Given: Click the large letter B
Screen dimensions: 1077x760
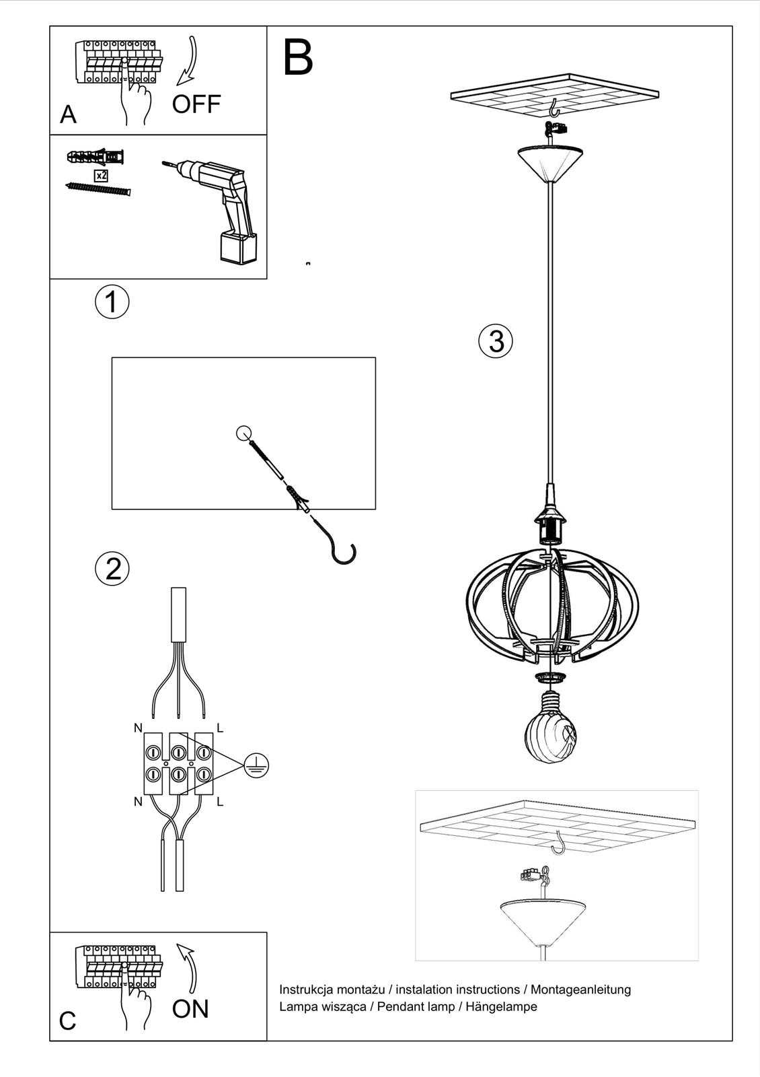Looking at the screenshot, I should [298, 58].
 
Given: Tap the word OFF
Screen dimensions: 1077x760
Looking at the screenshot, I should [196, 104].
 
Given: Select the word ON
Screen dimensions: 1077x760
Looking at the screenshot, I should [190, 1008].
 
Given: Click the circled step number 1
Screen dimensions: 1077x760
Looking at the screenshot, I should [112, 302].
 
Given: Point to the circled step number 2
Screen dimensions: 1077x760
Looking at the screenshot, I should [112, 569].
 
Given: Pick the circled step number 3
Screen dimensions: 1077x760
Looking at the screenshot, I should [496, 341].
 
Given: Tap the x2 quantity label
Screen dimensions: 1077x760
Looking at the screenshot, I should [101, 176].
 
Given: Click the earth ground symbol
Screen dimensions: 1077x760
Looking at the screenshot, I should [256, 765].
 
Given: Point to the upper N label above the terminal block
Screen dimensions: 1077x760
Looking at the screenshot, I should [138, 728].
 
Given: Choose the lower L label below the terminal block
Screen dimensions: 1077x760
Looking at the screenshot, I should [220, 802].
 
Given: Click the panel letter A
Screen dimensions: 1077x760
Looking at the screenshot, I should [68, 115].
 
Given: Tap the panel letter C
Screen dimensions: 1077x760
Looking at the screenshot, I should [67, 1021].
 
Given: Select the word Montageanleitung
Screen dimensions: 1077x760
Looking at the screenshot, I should [580, 989].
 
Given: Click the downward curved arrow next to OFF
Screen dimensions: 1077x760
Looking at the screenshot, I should [188, 61].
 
